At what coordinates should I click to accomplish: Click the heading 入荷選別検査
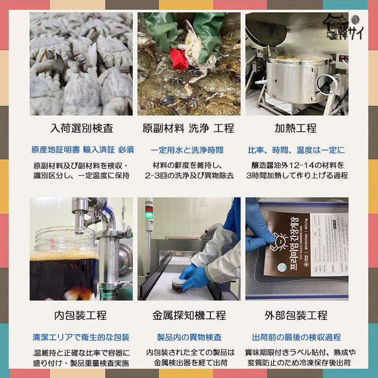(81, 128)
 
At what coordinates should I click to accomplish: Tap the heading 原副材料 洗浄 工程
(188, 128)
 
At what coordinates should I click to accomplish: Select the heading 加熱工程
(296, 128)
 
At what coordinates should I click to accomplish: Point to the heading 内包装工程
(81, 315)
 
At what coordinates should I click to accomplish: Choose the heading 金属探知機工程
(189, 315)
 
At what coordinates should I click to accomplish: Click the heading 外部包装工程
(296, 315)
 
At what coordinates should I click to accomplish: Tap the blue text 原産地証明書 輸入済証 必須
(82, 150)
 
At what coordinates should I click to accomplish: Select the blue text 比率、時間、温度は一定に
(296, 150)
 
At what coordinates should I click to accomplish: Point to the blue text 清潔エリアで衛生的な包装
(81, 337)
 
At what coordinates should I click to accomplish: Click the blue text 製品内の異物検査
(189, 337)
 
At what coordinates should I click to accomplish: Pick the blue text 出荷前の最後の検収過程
(296, 337)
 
